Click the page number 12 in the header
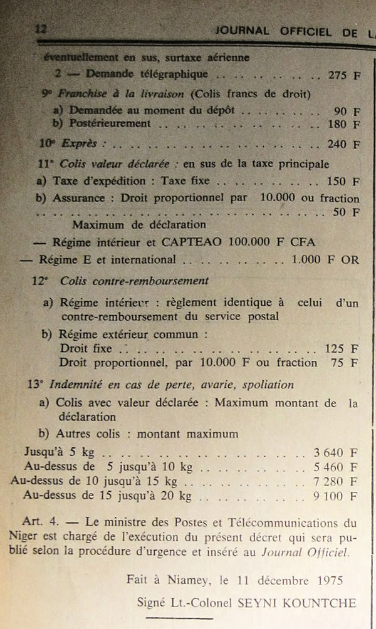point(41,29)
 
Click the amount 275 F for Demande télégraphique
point(344,75)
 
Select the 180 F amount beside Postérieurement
point(344,125)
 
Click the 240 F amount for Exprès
point(344,144)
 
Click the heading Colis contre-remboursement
point(134,281)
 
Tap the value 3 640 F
point(336,452)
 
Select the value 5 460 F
point(336,467)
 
